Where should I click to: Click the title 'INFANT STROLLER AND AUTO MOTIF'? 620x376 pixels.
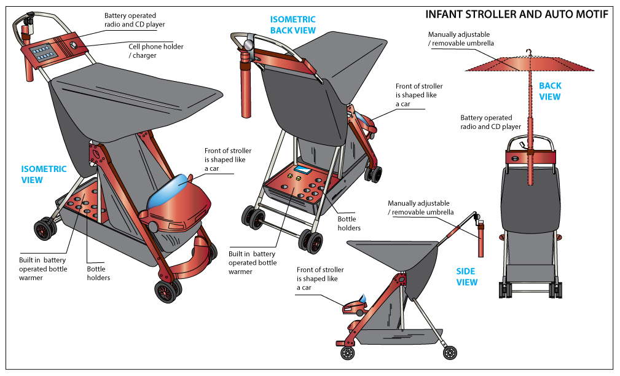517,14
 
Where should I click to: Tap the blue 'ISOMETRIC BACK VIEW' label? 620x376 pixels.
293,25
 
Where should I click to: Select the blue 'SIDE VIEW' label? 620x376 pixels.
467,276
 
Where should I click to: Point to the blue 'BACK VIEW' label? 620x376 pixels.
550,92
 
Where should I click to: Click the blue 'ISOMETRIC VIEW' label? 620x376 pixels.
44,174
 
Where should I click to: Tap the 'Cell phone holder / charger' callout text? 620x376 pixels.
155,51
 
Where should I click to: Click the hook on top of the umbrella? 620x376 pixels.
528,52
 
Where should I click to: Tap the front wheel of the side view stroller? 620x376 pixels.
348,353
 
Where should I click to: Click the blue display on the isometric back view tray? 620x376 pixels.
302,170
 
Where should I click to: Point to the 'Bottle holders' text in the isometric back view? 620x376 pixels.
349,224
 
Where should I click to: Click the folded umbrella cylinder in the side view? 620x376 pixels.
481,240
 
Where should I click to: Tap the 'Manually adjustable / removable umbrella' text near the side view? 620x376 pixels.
418,208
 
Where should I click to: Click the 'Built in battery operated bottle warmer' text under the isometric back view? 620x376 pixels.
252,262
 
